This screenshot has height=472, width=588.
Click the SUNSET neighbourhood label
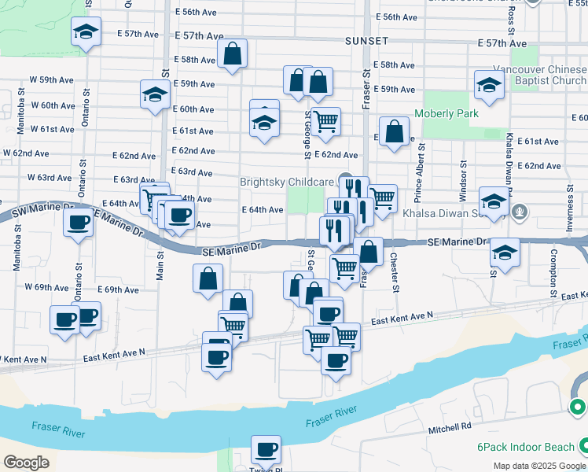click(x=366, y=40)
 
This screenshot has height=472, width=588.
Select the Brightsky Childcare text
click(x=287, y=182)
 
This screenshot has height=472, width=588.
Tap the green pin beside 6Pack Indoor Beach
click(x=578, y=407)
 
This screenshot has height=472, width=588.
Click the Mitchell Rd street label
click(x=450, y=427)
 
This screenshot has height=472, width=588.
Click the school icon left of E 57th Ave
click(x=86, y=31)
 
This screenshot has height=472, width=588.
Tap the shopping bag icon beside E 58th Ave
click(x=233, y=53)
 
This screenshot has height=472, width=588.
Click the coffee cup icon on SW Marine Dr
click(x=78, y=222)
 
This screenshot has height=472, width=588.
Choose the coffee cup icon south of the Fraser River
click(x=266, y=450)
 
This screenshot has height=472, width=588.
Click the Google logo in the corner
click(x=26, y=462)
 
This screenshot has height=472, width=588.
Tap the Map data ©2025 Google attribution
click(x=539, y=466)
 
